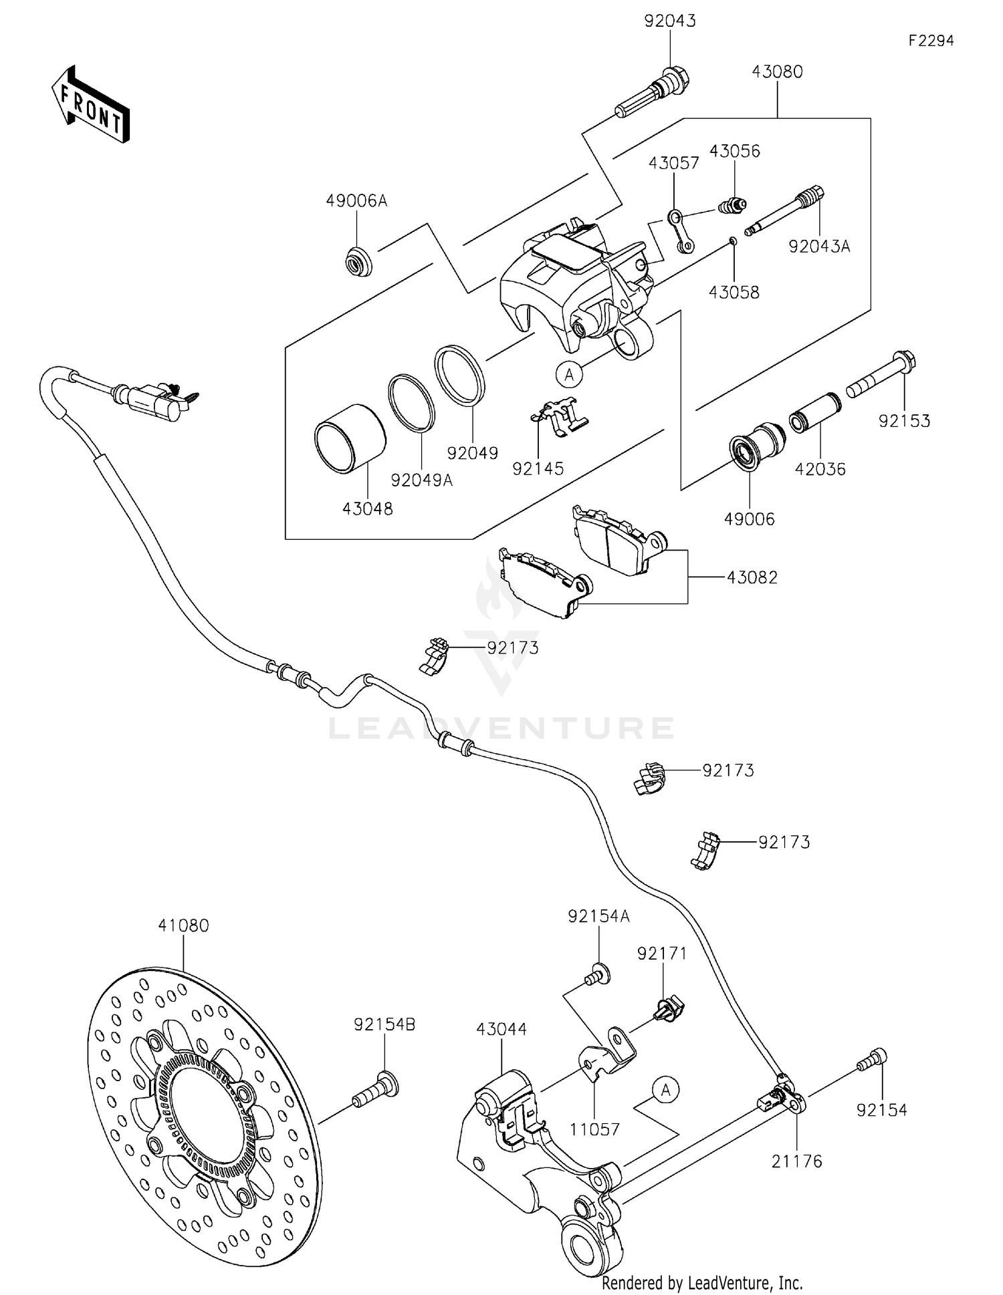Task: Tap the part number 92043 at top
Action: tap(670, 21)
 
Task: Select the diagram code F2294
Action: tap(931, 41)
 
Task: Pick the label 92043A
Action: tap(818, 247)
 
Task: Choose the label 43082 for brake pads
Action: tap(752, 577)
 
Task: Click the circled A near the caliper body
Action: tap(569, 375)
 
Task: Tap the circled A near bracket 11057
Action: tap(665, 1090)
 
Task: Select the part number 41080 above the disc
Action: tap(183, 925)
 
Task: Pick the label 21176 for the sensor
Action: tap(796, 1161)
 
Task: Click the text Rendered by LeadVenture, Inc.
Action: tap(702, 1282)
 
